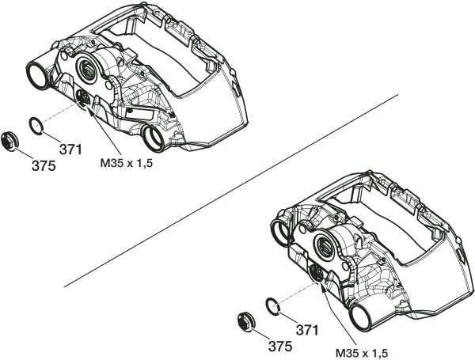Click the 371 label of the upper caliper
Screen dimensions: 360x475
tap(70, 148)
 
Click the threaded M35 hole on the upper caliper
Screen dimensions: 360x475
tap(82, 98)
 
